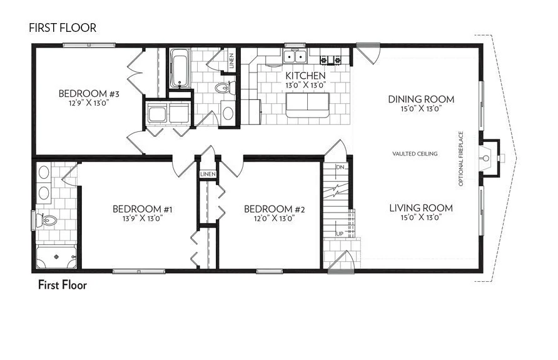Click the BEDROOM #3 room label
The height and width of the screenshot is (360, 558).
click(x=89, y=94)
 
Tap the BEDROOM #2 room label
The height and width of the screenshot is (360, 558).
click(x=269, y=209)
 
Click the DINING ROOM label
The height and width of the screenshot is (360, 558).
click(x=421, y=99)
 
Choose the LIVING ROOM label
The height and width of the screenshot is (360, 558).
click(x=421, y=208)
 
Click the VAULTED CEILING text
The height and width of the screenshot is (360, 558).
click(x=415, y=154)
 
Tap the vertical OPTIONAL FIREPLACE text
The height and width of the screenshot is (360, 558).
click(x=461, y=159)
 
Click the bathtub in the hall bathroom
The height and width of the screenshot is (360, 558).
click(x=180, y=68)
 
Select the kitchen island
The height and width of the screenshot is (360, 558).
click(x=307, y=101)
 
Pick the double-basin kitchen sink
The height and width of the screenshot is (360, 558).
click(x=293, y=57)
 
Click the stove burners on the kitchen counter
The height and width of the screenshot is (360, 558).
click(x=332, y=60)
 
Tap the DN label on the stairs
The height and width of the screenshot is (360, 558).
click(x=340, y=167)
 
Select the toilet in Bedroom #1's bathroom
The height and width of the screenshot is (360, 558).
click(x=48, y=219)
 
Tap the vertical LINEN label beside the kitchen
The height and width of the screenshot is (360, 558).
click(x=231, y=61)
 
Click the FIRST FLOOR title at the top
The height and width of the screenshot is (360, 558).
click(x=62, y=28)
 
